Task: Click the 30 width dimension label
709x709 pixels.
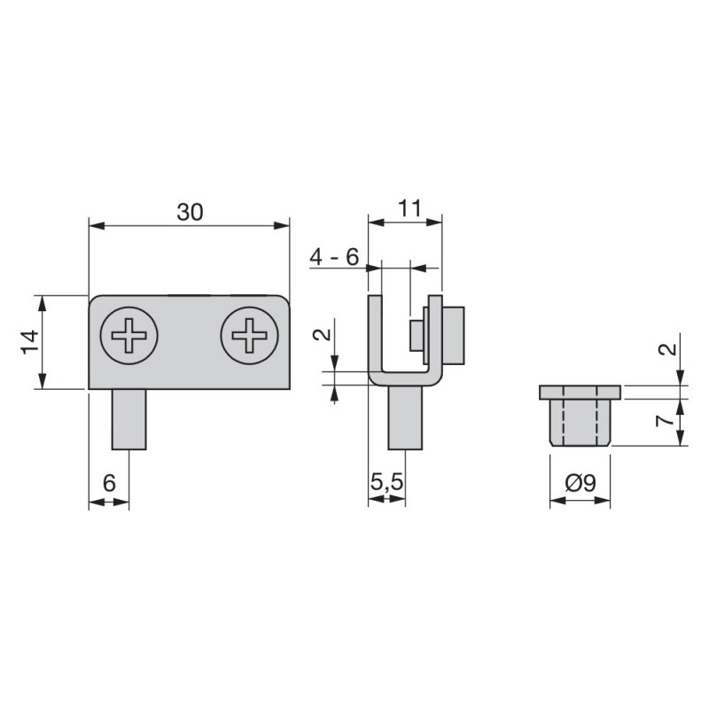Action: click(190, 213)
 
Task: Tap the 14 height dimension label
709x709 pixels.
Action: click(30, 342)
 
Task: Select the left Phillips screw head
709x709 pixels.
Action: click(129, 336)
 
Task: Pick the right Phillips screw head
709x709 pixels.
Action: click(249, 336)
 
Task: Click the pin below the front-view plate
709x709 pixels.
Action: click(129, 419)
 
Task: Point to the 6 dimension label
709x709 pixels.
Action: click(109, 483)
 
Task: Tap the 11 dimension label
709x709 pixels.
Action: click(409, 209)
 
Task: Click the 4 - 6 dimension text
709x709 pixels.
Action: click(334, 257)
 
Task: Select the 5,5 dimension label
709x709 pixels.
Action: click(386, 482)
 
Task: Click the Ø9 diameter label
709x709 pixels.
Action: click(580, 483)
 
